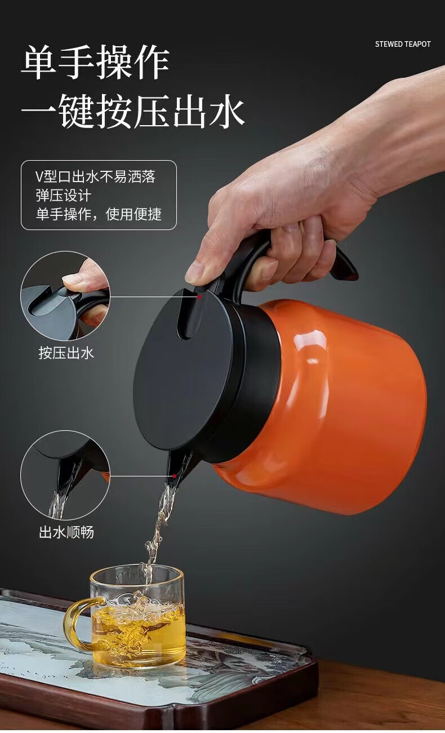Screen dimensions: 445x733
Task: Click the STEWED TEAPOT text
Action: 403,44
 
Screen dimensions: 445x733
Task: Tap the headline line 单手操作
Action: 95,63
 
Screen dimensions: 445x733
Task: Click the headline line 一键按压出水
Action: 133,111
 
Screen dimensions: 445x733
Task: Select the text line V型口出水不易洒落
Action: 95,176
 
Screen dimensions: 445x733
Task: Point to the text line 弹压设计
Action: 63,196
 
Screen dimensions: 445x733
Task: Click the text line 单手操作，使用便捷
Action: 99,214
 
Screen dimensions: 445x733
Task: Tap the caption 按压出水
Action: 66,353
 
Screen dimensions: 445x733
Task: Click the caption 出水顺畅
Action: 66,532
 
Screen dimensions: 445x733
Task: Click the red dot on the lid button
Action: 199,297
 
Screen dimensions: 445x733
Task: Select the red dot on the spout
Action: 174,476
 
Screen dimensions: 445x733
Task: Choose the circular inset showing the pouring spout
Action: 65,475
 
